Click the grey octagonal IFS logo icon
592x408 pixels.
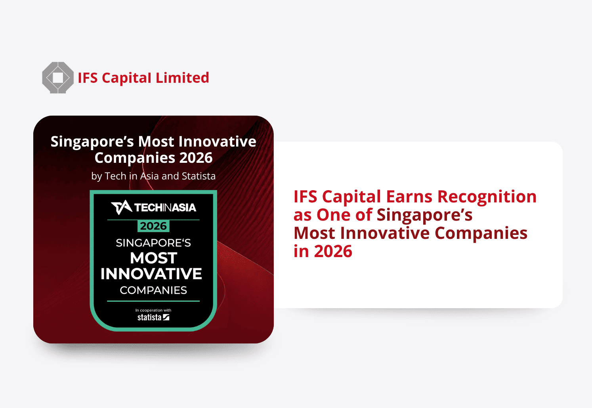58,77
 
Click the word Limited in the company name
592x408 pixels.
182,78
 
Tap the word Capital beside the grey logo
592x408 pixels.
126,78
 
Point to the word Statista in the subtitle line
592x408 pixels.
199,176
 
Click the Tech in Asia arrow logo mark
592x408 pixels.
121,208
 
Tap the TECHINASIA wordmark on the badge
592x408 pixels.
165,208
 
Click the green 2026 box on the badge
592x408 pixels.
153,226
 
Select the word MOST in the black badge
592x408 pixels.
154,258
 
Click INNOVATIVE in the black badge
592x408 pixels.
151,274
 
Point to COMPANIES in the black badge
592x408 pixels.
153,290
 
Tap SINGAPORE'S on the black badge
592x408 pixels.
153,243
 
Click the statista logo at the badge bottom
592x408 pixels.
153,317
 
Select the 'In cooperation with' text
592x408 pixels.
153,310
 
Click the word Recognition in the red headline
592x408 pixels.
487,197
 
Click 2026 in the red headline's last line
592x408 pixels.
333,251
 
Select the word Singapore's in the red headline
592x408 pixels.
424,215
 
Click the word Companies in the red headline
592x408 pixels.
481,234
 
